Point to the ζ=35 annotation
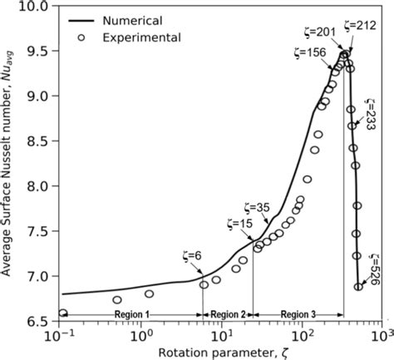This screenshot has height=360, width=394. point(259,207)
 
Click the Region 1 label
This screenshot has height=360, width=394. point(130,314)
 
